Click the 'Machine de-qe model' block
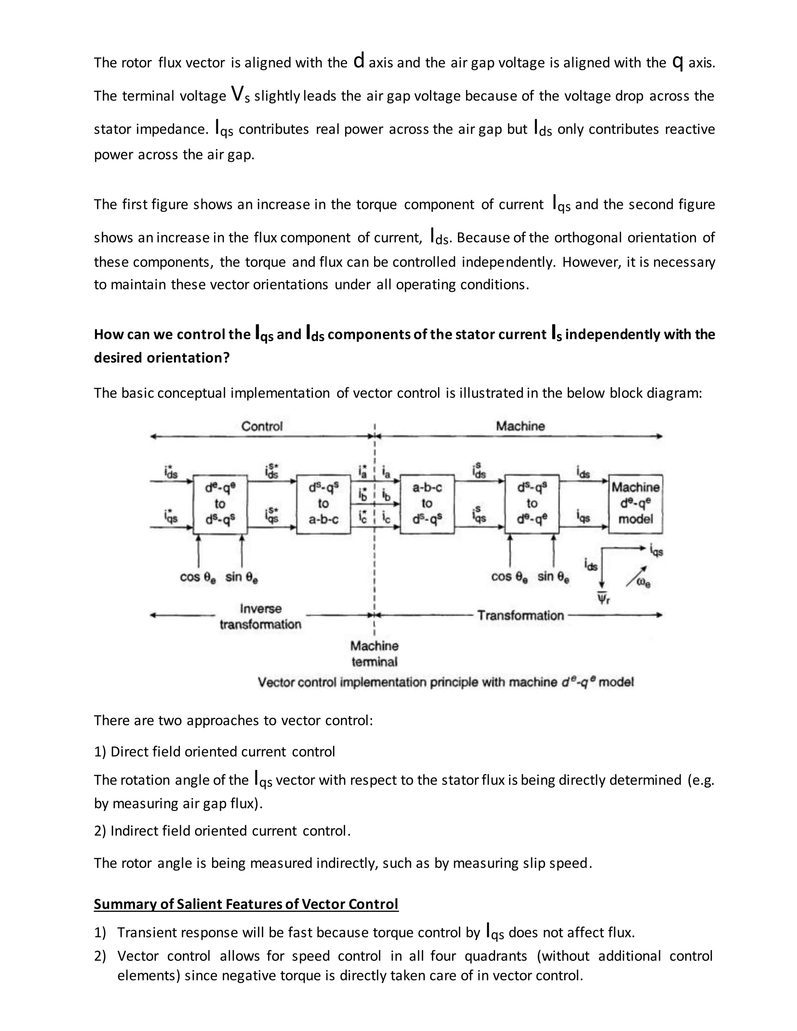click(x=635, y=504)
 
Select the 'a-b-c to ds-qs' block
click(x=427, y=504)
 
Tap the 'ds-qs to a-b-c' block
click(x=323, y=504)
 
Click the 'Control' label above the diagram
click(x=262, y=426)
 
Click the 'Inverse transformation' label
click(x=260, y=617)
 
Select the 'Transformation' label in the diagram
click(x=520, y=615)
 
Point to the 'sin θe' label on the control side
click(x=241, y=577)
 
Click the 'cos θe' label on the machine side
click(x=509, y=577)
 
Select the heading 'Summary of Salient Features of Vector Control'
click(x=246, y=904)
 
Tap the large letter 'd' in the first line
click(x=358, y=61)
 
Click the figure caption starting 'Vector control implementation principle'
click(x=445, y=682)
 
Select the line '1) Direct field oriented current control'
click(x=214, y=752)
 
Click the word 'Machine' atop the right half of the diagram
click(x=520, y=426)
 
